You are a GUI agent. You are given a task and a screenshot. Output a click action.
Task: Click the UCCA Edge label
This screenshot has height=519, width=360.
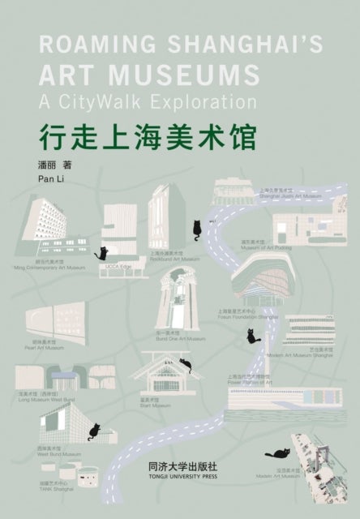coord(120,265)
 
